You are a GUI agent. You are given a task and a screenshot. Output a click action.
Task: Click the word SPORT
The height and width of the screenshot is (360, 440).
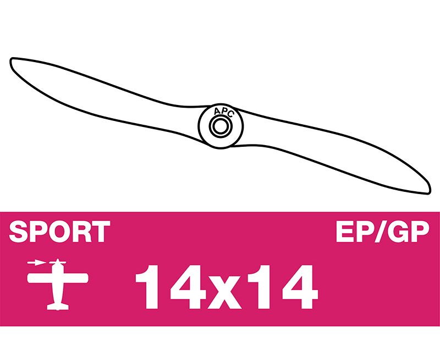click(59, 231)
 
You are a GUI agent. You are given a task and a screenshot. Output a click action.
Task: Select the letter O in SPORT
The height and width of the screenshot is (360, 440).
click(62, 231)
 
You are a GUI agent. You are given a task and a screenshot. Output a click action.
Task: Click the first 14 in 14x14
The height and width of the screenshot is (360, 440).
click(172, 286)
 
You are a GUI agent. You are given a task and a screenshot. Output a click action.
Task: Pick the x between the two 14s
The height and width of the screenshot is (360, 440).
click(227, 292)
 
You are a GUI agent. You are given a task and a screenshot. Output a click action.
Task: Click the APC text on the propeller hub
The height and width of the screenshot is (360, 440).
click(223, 112)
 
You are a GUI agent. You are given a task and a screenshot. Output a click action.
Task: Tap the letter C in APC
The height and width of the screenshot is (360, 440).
click(230, 114)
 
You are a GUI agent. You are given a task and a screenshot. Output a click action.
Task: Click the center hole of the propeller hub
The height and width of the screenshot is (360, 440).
click(221, 126)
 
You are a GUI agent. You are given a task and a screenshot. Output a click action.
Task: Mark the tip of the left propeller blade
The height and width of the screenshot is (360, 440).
click(11, 60)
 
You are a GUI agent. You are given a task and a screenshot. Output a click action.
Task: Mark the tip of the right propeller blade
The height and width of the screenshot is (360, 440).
click(430, 192)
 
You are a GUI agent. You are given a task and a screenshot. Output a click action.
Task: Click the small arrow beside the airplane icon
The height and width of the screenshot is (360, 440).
click(36, 262)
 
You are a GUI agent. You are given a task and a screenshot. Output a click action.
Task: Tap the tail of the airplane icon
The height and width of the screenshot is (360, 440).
click(58, 307)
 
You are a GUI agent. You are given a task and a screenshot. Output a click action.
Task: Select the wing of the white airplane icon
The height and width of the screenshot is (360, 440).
click(58, 278)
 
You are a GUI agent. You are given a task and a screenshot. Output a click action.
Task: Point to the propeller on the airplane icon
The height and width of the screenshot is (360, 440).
click(58, 263)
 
